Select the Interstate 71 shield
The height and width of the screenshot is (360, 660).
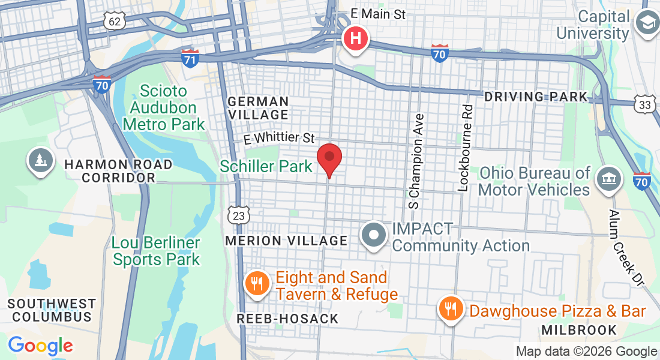(190, 58)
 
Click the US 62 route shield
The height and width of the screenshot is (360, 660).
(114, 22)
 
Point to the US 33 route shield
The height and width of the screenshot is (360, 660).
(644, 104)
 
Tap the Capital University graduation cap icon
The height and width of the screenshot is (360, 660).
(647, 25)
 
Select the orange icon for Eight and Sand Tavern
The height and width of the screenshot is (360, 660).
(258, 283)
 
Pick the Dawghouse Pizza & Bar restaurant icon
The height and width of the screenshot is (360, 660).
(451, 309)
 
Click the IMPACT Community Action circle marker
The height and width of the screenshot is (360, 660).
(375, 236)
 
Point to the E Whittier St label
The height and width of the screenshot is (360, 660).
(279, 138)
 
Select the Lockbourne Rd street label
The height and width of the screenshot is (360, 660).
(465, 148)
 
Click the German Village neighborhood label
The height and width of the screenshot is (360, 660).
(258, 108)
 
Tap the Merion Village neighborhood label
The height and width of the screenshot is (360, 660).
(286, 241)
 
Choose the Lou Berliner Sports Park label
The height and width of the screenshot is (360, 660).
(156, 251)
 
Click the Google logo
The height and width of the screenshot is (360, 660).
(40, 346)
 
